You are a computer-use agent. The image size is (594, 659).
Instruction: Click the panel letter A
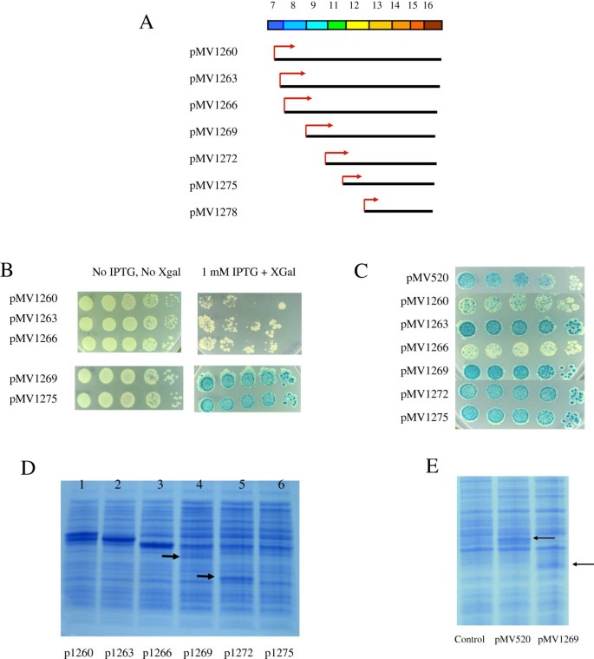[x=147, y=23]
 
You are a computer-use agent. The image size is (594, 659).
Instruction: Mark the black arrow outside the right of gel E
[x=583, y=564]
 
